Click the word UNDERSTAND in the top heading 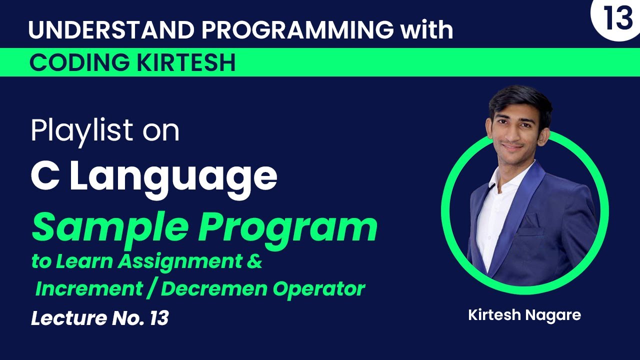pos(111,29)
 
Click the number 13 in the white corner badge pos(617,17)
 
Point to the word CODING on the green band pos(79,62)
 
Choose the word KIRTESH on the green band pos(186,62)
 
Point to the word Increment pos(89,288)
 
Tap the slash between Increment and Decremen pos(151,289)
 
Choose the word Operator pos(319,289)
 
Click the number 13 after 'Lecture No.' pos(159,318)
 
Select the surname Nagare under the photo pos(553,315)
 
